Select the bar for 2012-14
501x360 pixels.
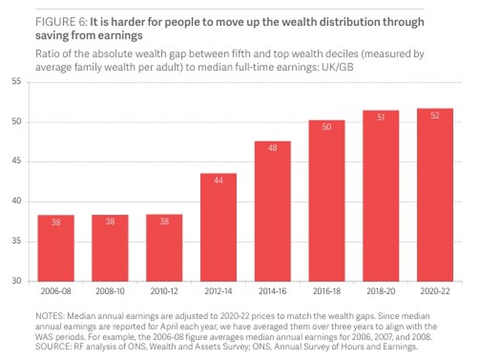click(x=218, y=227)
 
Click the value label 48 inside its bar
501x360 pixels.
click(x=272, y=148)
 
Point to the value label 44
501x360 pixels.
click(x=218, y=180)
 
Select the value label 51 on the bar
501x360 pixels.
click(x=381, y=117)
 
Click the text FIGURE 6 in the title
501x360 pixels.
click(x=60, y=22)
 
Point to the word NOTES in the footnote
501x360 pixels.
click(x=49, y=316)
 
